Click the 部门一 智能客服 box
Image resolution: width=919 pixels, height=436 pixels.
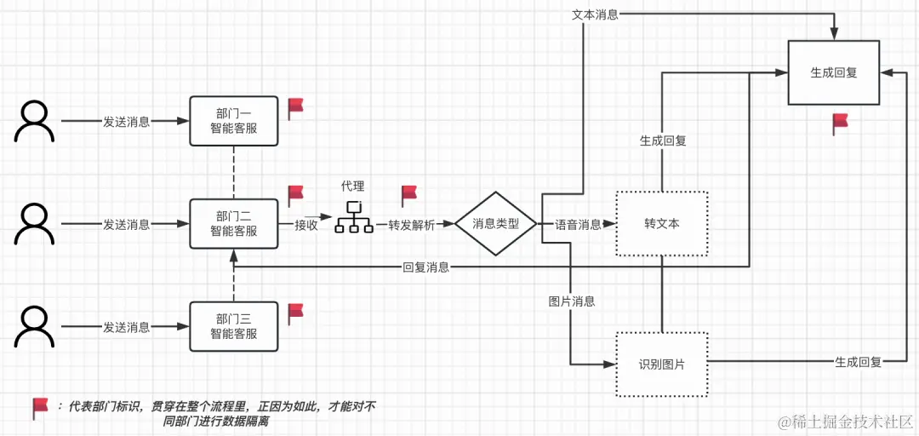(234, 121)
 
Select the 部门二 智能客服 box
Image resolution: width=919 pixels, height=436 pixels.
(234, 224)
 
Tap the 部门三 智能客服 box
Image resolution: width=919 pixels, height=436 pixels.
(234, 326)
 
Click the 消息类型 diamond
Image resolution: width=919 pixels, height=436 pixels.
(495, 224)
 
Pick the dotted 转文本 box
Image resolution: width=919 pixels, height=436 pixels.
(661, 224)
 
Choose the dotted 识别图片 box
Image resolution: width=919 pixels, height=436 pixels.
(661, 364)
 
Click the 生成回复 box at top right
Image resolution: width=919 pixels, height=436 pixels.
(833, 73)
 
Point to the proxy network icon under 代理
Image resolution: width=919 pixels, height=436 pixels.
(353, 218)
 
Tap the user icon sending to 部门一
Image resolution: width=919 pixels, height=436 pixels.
(34, 121)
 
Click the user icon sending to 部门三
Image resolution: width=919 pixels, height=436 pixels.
(34, 326)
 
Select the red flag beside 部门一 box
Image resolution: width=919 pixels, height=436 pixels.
(295, 106)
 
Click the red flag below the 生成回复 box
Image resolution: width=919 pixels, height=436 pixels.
(840, 123)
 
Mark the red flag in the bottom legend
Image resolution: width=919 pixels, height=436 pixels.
(40, 407)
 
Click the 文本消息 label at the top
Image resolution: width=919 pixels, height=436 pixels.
(595, 14)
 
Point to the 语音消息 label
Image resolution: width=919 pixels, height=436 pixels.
(578, 225)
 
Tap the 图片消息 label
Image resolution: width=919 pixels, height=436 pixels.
(572, 301)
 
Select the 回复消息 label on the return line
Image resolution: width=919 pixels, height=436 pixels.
(426, 267)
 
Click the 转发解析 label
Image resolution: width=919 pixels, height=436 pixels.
(411, 225)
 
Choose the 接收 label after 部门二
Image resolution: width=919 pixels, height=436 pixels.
(306, 225)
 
